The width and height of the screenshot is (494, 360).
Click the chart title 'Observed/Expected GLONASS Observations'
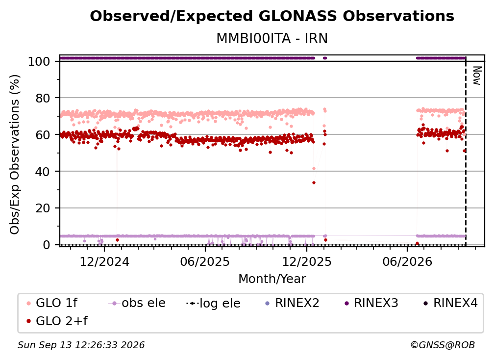(x=272, y=16)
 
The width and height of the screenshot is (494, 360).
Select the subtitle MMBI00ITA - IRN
(x=272, y=39)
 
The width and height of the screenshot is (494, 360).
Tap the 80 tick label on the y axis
(x=43, y=98)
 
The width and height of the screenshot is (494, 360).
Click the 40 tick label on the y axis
(x=43, y=172)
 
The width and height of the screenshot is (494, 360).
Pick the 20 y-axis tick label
(x=43, y=208)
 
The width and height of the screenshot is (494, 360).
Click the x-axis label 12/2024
(x=104, y=261)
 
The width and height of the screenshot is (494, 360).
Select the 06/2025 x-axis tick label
(x=205, y=261)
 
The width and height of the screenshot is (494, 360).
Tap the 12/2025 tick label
(x=307, y=261)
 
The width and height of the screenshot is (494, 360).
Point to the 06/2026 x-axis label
(x=407, y=261)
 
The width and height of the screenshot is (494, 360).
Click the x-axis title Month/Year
(x=272, y=279)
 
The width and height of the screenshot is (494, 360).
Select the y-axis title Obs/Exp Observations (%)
(x=15, y=154)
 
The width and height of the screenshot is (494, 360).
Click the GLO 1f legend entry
(x=52, y=303)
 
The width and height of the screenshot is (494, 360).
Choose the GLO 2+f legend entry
(x=57, y=321)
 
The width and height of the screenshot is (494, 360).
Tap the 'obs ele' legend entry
(x=137, y=303)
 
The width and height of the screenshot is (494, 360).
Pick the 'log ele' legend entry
(x=214, y=303)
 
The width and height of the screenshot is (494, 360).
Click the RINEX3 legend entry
(x=371, y=303)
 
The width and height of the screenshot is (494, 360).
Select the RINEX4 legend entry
(x=450, y=303)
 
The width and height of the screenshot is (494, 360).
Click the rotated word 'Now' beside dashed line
(x=477, y=76)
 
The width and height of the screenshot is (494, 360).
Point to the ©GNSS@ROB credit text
(x=443, y=345)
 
